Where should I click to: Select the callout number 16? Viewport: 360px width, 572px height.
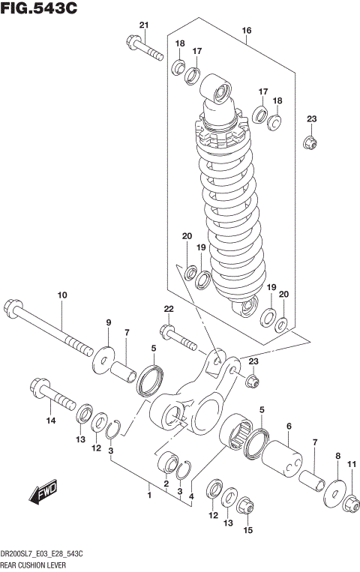[246, 31]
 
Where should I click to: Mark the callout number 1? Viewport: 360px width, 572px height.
[148, 495]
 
